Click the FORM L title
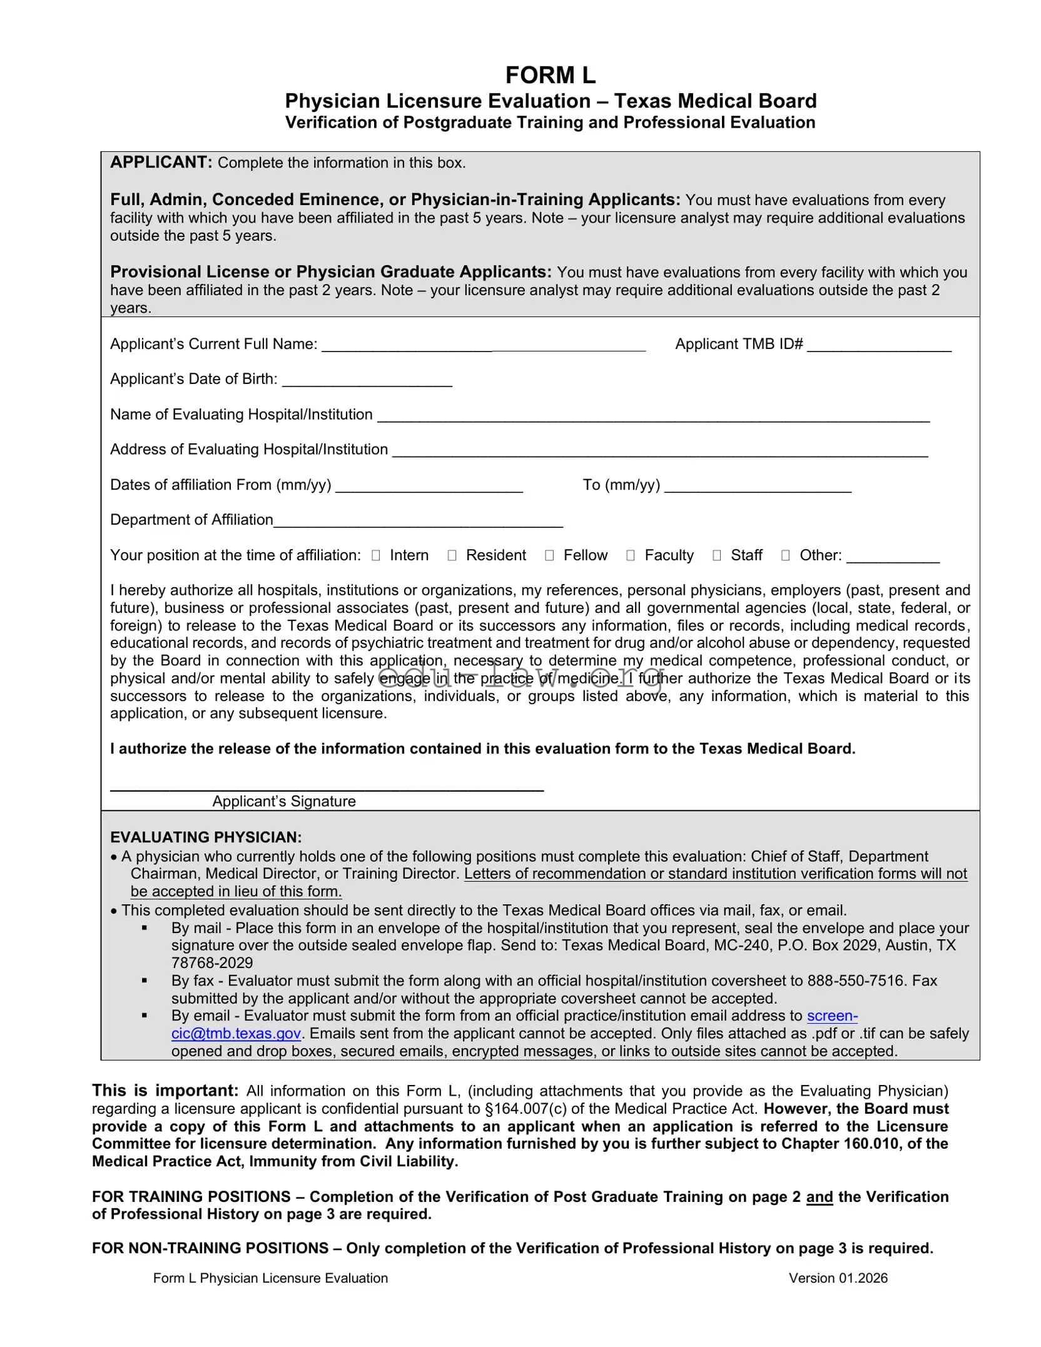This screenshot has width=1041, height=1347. point(550,76)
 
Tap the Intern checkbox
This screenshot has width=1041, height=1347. point(375,555)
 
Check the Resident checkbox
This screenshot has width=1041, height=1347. point(452,555)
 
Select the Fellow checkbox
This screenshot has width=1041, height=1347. point(549,555)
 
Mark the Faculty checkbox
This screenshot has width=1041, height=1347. point(631,555)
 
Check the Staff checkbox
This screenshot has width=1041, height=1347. point(717,555)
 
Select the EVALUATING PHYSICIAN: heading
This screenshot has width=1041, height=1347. point(206,837)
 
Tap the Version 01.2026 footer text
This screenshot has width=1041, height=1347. point(838,1278)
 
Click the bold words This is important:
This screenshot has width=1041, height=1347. point(165,1091)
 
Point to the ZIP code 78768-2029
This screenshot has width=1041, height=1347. point(212,963)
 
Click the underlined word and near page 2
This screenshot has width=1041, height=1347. point(819,1197)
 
